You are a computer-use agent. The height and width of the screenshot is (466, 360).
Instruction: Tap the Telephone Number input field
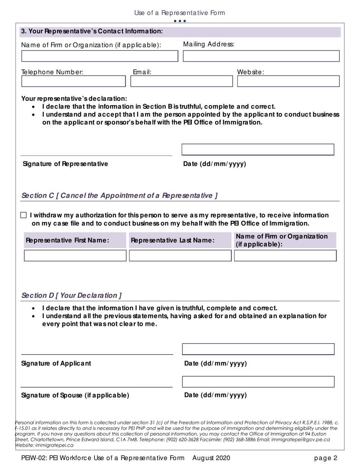[x=73, y=81]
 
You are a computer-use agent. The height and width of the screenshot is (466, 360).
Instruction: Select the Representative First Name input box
[x=75, y=256]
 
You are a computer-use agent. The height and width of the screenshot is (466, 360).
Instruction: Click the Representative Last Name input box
[x=180, y=256]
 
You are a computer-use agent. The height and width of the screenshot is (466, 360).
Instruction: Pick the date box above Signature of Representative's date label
[x=258, y=150]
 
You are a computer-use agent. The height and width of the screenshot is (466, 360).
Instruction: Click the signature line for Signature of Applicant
[x=97, y=354]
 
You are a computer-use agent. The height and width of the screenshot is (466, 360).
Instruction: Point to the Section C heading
[x=119, y=196]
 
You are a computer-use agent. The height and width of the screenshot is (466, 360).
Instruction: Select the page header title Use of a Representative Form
[x=180, y=13]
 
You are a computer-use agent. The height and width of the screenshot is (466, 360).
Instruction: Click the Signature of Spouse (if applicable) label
[x=75, y=396]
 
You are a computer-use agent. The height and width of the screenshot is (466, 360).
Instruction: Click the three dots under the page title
[x=180, y=21]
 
